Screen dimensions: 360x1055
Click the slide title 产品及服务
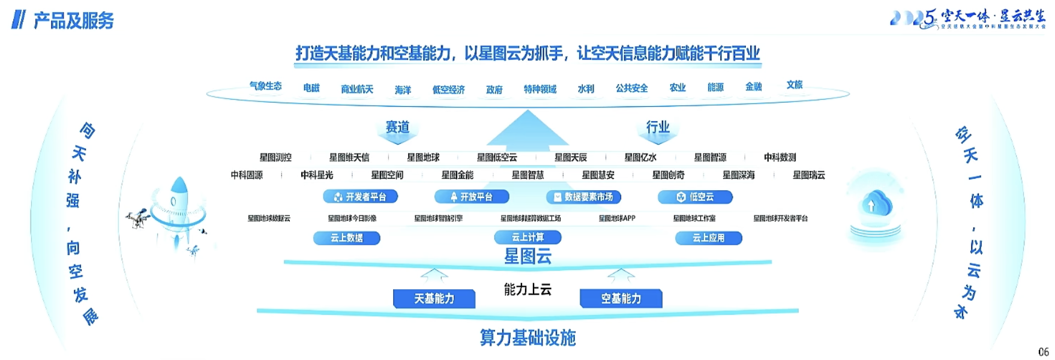pos(73,21)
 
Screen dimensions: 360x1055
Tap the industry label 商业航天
pos(357,89)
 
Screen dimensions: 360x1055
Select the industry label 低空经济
pos(448,90)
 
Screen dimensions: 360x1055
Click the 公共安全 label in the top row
pos(631,88)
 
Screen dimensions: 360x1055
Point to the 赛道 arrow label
pos(397,127)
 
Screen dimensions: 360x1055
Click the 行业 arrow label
pos(658,127)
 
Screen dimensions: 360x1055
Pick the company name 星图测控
pos(275,158)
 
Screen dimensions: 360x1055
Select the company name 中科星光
pos(317,175)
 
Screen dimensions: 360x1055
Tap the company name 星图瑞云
pos(808,175)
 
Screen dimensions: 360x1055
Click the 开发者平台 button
pos(360,197)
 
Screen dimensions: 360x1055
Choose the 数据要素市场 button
pos(583,197)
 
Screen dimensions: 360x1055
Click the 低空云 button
pos(695,197)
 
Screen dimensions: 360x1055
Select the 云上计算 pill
pos(527,238)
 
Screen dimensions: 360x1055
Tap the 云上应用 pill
pos(708,238)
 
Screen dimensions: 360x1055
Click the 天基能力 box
pos(434,299)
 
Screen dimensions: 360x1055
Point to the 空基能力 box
pos(621,299)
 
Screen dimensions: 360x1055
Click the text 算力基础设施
pos(527,338)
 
